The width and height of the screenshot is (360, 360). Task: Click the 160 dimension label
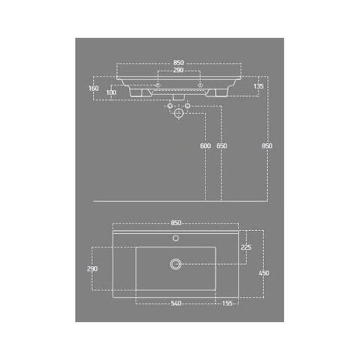coord(94,88)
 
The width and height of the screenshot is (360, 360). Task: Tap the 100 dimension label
coord(111,92)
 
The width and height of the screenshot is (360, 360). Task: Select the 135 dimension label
coord(258,86)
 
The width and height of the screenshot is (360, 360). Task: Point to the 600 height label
coord(205,145)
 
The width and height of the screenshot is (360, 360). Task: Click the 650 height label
coord(222,145)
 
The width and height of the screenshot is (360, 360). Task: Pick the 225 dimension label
coord(246,247)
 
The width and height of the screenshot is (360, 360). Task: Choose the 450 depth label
coord(264,273)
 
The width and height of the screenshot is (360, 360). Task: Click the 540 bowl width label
coord(176,304)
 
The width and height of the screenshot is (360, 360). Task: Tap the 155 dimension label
coord(227,304)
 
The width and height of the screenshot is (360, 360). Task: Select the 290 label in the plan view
coord(92,269)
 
